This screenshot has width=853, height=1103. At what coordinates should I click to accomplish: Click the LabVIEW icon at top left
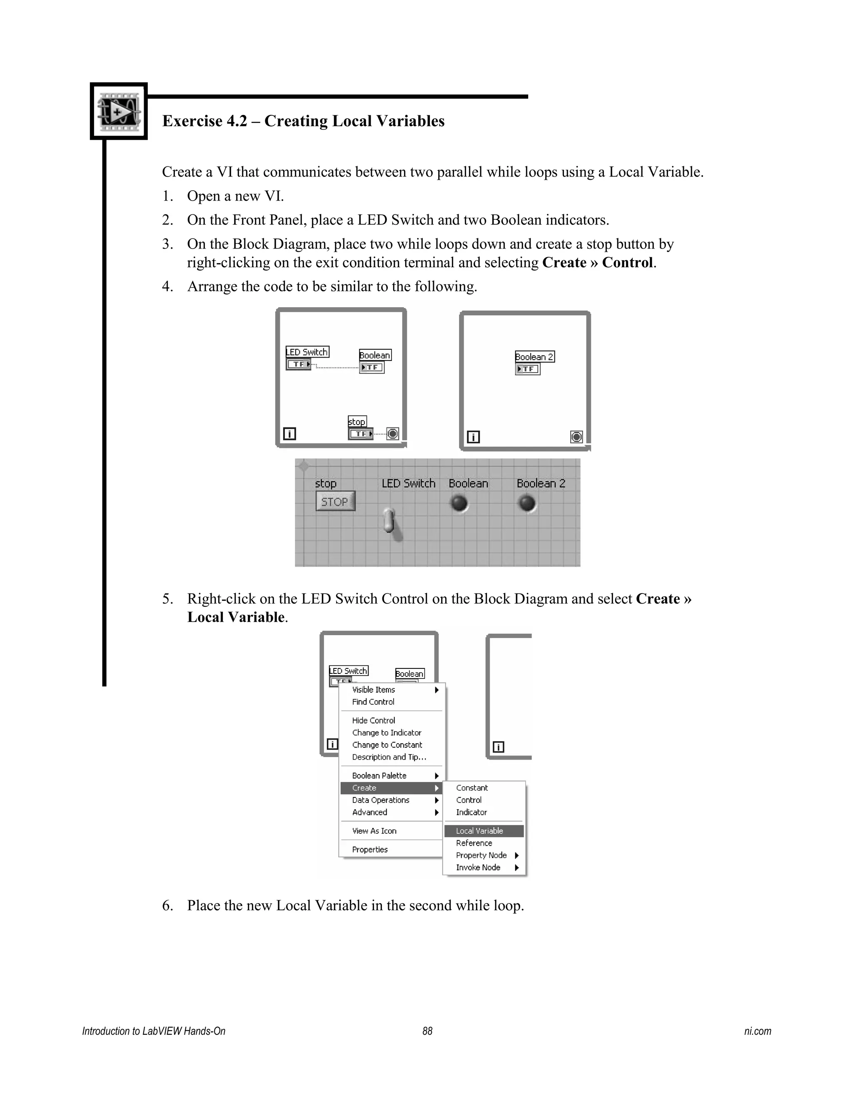click(118, 111)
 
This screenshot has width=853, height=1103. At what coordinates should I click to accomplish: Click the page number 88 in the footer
click(427, 1031)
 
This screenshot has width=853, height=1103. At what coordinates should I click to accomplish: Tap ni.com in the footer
click(757, 1031)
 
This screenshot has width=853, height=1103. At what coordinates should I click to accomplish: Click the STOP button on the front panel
click(335, 502)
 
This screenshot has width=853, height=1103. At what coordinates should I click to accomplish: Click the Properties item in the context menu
click(370, 850)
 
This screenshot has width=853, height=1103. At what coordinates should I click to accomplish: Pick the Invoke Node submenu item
click(478, 867)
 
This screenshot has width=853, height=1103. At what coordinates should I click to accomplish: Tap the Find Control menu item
click(373, 701)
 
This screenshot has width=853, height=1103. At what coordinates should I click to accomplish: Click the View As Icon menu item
click(374, 831)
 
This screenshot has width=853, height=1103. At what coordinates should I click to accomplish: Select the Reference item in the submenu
click(474, 843)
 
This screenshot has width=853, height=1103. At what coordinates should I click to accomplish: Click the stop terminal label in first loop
click(357, 421)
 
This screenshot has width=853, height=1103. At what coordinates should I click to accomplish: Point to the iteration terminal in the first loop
click(289, 433)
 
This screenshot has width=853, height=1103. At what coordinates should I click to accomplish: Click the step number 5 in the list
click(167, 599)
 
